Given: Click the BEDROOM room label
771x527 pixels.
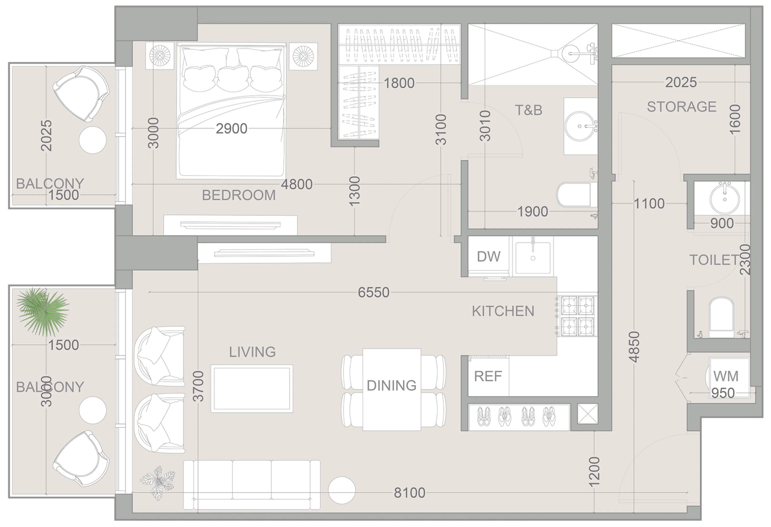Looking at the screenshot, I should click(x=239, y=195).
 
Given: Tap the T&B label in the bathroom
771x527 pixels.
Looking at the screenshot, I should click(x=529, y=110).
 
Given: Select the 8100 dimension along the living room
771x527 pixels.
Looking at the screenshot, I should click(x=409, y=493).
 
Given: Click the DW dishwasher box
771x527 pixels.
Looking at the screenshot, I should click(x=488, y=257).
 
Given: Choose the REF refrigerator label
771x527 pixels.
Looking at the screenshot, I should click(x=488, y=376).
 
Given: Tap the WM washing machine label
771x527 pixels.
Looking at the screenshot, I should click(x=726, y=376).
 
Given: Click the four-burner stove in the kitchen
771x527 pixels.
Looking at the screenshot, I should click(x=577, y=316).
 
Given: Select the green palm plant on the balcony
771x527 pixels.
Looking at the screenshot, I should click(x=42, y=311).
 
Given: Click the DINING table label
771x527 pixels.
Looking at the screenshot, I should click(x=392, y=385).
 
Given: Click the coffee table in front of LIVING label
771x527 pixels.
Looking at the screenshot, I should click(x=252, y=389).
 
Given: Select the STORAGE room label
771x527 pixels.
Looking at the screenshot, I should click(x=681, y=107).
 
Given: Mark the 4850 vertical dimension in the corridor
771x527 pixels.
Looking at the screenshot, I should click(x=634, y=347).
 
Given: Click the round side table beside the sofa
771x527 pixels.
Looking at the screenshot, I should click(x=342, y=490).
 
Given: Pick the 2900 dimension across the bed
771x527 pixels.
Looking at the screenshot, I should click(x=232, y=129).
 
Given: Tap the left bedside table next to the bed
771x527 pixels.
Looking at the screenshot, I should click(x=160, y=56).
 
